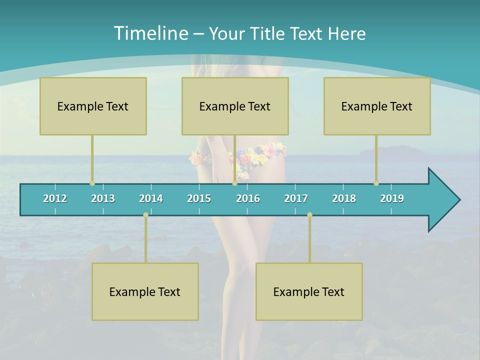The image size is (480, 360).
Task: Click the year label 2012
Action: click(x=55, y=198)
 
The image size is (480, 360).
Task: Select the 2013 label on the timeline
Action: click(x=103, y=198)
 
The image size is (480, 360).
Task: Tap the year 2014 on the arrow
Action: click(x=151, y=198)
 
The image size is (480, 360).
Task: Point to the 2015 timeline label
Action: click(x=199, y=198)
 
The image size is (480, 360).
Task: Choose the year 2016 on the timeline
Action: click(x=248, y=198)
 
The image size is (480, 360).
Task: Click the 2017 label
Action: click(x=296, y=198)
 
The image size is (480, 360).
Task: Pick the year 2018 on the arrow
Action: click(x=344, y=198)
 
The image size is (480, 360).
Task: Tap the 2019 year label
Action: click(x=392, y=198)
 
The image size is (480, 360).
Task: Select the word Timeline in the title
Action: click(x=150, y=33)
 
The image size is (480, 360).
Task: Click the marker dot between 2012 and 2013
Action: click(x=92, y=183)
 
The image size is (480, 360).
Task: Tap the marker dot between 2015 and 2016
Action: click(x=234, y=183)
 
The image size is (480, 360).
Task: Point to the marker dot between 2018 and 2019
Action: click(x=376, y=183)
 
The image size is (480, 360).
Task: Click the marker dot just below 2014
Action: click(x=145, y=214)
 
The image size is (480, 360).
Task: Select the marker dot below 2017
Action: click(x=309, y=214)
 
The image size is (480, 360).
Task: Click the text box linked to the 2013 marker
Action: click(x=93, y=106)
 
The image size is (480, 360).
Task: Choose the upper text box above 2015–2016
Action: click(x=235, y=106)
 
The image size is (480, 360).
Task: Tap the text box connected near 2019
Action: click(x=377, y=106)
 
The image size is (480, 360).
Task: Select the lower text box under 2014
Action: click(x=145, y=291)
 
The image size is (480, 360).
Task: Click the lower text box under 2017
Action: click(x=309, y=291)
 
